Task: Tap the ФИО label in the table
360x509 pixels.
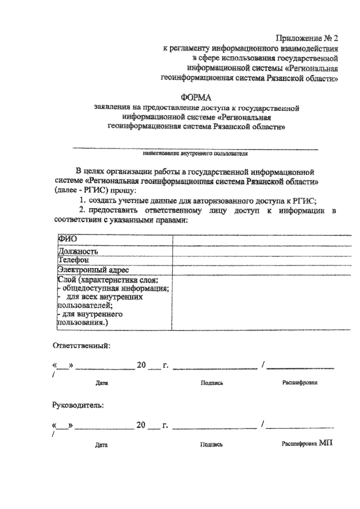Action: [67, 241]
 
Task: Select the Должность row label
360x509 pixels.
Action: [79, 251]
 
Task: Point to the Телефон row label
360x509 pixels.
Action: [73, 260]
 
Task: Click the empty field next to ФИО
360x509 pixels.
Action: [255, 241]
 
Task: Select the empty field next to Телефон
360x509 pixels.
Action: [255, 260]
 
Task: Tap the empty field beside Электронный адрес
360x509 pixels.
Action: [255, 269]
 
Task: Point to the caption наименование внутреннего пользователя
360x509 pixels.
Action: [195, 153]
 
